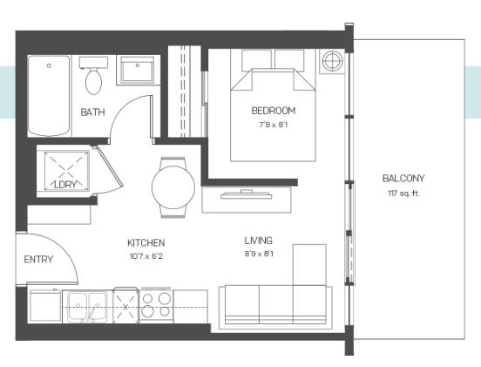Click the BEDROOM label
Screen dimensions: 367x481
273,111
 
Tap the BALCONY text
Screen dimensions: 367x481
403,178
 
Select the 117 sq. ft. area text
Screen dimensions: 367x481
403,193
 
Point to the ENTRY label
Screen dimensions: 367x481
37,259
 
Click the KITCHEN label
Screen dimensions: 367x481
146,242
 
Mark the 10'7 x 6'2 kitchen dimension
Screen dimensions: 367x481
146,256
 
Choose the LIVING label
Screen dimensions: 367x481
259,241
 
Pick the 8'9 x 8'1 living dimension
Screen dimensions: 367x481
259,255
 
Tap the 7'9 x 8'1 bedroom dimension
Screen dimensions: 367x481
273,125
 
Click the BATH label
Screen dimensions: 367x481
92,112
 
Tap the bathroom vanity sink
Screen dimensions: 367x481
136,71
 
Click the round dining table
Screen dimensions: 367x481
172,185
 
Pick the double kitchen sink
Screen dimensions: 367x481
87,306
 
